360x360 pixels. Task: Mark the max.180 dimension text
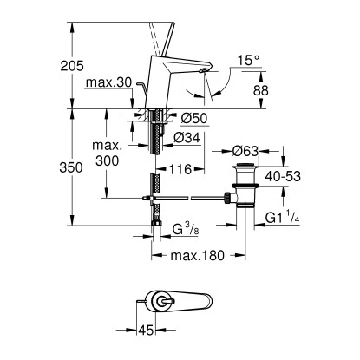[196, 256]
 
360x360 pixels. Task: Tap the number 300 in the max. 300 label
[108, 162]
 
